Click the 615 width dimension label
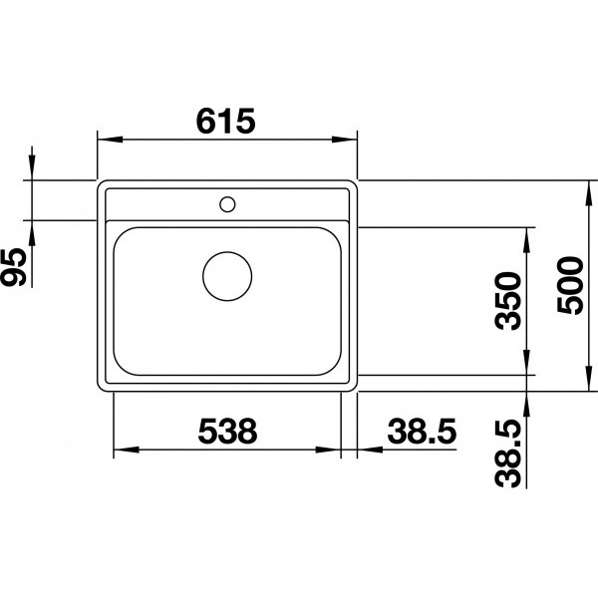pyautogui.click(x=225, y=122)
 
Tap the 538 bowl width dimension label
pyautogui.click(x=227, y=431)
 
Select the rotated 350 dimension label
pyautogui.click(x=507, y=301)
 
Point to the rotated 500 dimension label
pyautogui.click(x=570, y=286)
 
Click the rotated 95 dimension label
pyautogui.click(x=14, y=267)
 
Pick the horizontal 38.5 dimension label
pyautogui.click(x=422, y=431)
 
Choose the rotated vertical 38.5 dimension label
pyautogui.click(x=507, y=453)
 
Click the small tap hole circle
pyautogui.click(x=227, y=204)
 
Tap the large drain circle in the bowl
pyautogui.click(x=227, y=276)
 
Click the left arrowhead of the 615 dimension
pyautogui.click(x=110, y=140)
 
